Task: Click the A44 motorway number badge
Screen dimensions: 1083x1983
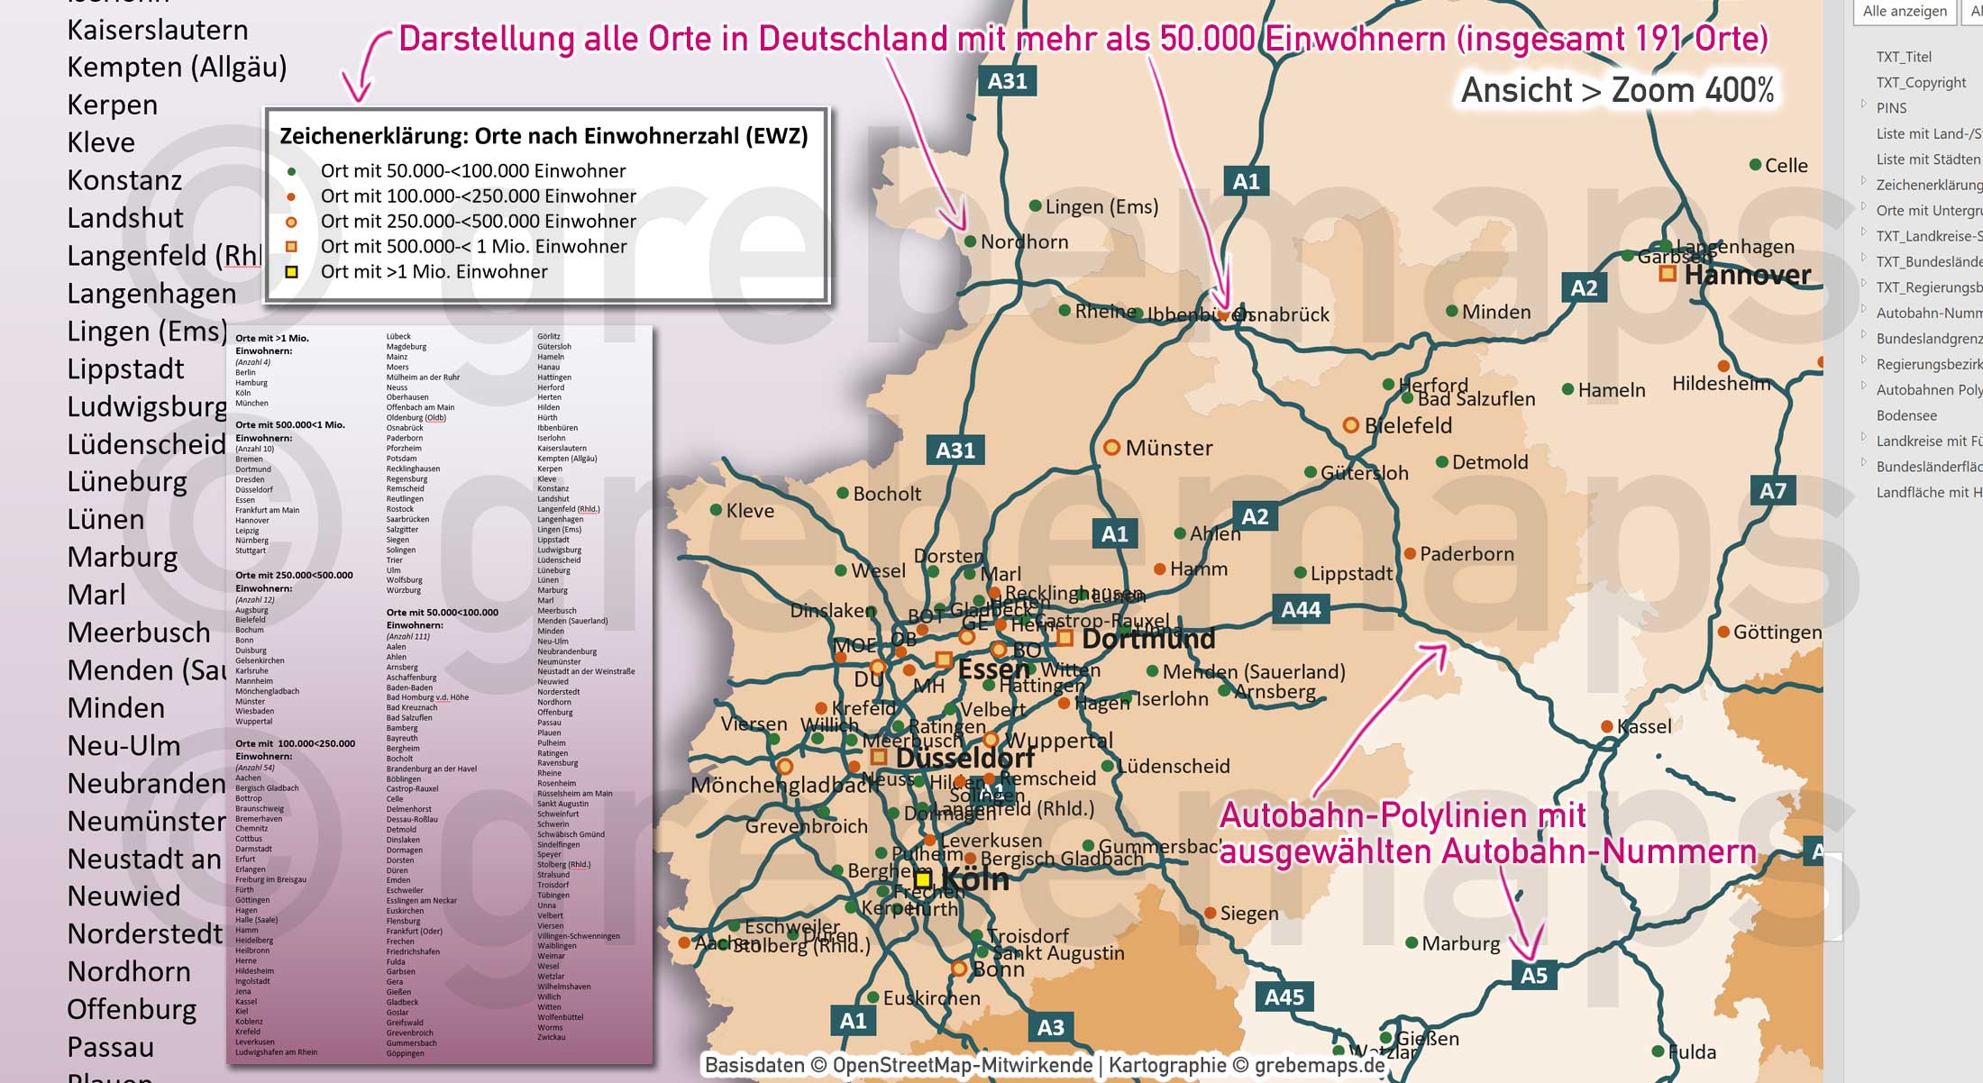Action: click(x=1301, y=610)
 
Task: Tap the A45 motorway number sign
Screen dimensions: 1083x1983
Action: click(x=1284, y=997)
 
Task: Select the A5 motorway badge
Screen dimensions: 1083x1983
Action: click(x=1533, y=975)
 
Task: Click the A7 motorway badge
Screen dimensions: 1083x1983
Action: click(x=1772, y=491)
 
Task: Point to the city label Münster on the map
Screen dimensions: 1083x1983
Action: click(x=1169, y=448)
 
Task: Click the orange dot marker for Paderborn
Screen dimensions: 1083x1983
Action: click(x=1410, y=553)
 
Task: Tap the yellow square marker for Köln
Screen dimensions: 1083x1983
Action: click(x=923, y=879)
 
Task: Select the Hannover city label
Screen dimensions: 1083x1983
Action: click(x=1747, y=275)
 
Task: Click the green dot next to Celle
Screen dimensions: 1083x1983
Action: click(x=1755, y=165)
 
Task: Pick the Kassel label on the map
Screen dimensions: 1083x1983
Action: click(x=1644, y=726)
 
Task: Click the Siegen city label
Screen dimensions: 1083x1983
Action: click(x=1248, y=913)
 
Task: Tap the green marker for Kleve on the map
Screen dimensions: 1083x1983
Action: click(x=716, y=510)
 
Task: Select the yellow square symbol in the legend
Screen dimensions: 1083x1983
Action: click(x=291, y=271)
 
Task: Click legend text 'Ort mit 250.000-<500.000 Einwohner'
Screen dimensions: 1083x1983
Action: click(x=478, y=221)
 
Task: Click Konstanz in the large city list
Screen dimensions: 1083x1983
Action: click(x=124, y=180)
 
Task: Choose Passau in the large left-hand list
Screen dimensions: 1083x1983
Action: click(x=110, y=1047)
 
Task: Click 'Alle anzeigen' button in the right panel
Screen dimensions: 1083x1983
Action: click(x=1905, y=11)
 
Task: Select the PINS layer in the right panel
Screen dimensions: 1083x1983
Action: click(x=1891, y=107)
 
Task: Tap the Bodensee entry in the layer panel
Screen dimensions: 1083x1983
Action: click(x=1906, y=415)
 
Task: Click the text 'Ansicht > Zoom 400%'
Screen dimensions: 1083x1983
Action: click(x=1617, y=90)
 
